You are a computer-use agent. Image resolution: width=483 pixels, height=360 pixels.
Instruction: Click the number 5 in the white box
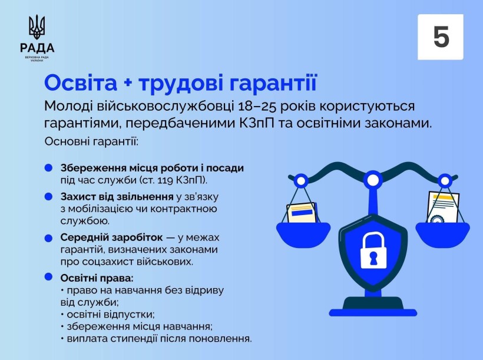click(x=441, y=37)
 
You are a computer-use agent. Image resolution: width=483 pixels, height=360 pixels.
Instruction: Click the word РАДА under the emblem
click(x=37, y=48)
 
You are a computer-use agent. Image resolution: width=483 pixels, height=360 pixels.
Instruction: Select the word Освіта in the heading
click(x=81, y=83)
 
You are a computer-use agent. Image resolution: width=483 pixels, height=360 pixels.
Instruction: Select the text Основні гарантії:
click(x=91, y=142)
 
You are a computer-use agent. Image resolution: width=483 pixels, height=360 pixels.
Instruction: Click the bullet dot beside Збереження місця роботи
click(x=48, y=168)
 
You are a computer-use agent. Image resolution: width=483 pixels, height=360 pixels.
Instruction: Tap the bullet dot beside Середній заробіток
click(x=48, y=237)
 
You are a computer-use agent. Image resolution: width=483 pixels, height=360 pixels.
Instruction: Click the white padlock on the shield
click(x=372, y=248)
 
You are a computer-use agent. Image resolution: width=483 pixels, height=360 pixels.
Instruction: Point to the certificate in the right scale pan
click(x=443, y=208)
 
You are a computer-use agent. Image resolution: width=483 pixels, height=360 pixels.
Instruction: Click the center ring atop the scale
click(x=372, y=177)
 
